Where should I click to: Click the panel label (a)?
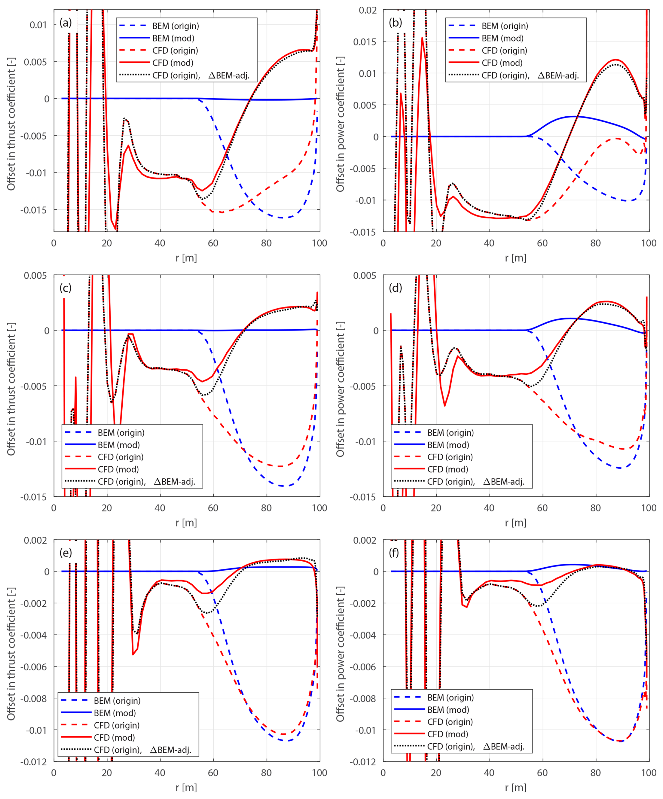pyautogui.click(x=66, y=23)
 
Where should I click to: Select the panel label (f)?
pyautogui.click(x=394, y=553)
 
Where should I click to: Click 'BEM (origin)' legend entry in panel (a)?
pyautogui.click(x=175, y=26)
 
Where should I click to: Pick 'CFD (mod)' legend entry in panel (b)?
pyautogui.click(x=502, y=63)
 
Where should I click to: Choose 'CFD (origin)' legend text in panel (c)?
pyautogui.click(x=121, y=457)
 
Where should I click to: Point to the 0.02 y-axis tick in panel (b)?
pyautogui.click(x=368, y=10)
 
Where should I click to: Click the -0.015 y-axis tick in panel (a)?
pyautogui.click(x=35, y=210)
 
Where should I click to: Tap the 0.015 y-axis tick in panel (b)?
pyautogui.click(x=365, y=42)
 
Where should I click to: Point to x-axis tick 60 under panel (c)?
pyautogui.click(x=213, y=508)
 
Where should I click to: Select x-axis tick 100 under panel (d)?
pyautogui.click(x=649, y=508)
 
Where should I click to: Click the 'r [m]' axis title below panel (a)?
pyautogui.click(x=186, y=258)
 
